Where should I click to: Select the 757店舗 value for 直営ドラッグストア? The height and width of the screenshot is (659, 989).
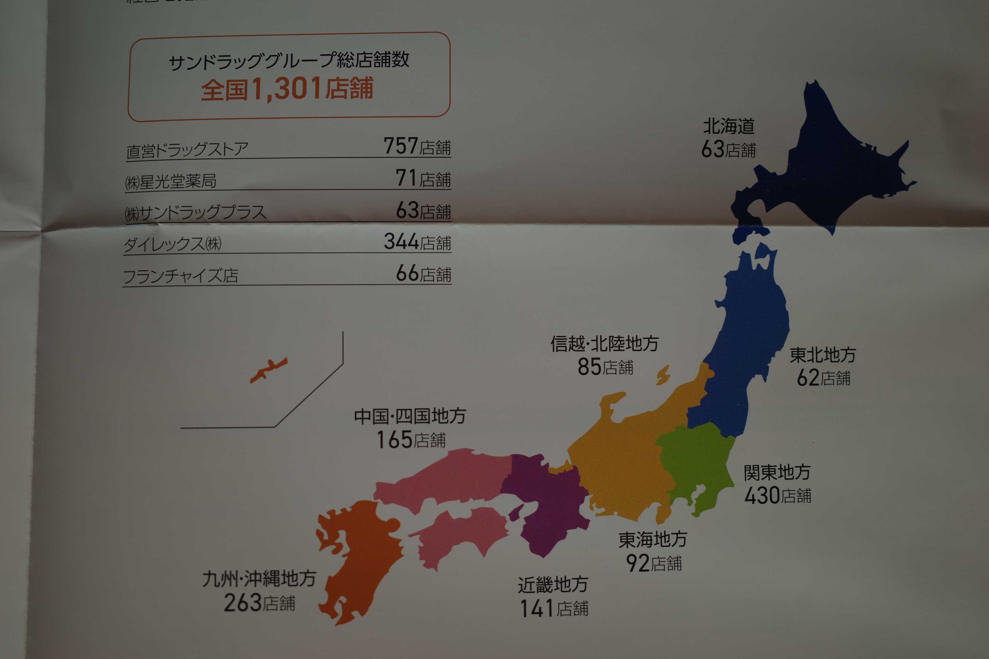point(417,146)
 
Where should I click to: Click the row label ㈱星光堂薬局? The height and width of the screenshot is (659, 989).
point(171,182)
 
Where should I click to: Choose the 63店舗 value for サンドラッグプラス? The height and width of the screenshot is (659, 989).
point(423,211)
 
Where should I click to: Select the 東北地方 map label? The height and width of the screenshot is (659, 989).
point(822,355)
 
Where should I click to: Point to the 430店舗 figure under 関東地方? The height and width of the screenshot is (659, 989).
point(777,495)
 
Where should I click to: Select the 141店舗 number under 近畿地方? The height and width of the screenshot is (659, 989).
point(553,608)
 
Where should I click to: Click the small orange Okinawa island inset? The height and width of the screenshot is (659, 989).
point(268,370)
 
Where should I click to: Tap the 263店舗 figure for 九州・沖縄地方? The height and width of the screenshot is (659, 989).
point(259,603)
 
